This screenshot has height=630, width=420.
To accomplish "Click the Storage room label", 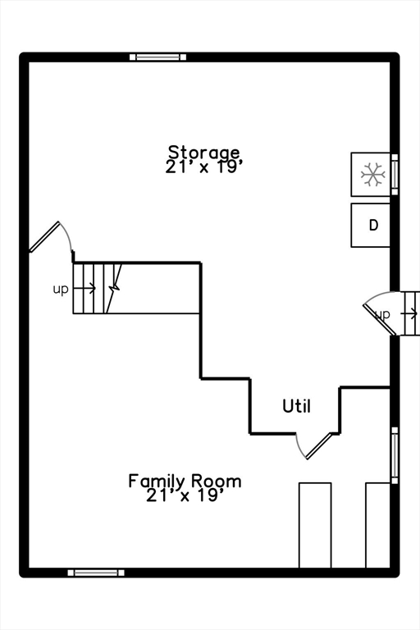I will (204, 152).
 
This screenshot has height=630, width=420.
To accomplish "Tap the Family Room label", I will (185, 481).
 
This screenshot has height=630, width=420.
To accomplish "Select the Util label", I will (296, 405).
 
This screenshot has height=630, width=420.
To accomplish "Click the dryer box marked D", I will (371, 226).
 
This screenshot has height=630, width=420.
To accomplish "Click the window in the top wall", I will (157, 57).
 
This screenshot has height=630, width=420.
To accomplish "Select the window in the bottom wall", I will (96, 572).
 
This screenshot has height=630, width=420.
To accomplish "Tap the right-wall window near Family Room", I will (395, 455).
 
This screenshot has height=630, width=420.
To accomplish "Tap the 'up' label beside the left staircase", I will (61, 289).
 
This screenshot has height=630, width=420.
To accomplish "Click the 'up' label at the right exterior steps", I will (382, 314).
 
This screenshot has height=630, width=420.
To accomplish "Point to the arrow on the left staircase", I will (86, 289).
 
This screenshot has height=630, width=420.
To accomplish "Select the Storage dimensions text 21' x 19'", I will (204, 166).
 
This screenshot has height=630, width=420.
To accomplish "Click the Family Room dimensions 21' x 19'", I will (185, 495).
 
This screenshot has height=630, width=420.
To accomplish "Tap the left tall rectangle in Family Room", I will (315, 525).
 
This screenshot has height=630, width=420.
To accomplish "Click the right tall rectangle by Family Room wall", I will (377, 525).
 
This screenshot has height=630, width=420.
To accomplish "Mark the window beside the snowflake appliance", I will (395, 174).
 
